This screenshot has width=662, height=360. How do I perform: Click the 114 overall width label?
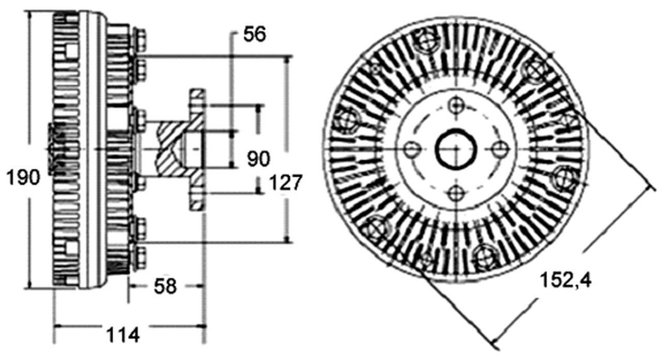[x=123, y=335]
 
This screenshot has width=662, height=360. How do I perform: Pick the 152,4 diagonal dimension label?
[x=566, y=280]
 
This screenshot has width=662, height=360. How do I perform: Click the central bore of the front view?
[x=456, y=149]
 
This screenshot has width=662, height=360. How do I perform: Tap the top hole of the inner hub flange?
[x=456, y=106]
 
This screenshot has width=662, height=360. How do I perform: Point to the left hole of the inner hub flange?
[x=412, y=149]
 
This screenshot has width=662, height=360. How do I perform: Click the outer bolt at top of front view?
[x=427, y=40]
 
